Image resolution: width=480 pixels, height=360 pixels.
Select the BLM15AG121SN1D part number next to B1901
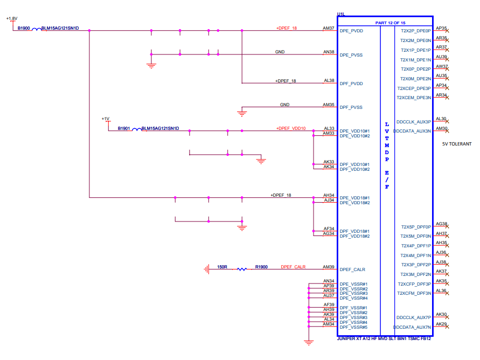pos(160,129)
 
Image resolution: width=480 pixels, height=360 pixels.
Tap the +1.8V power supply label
pos(11,18)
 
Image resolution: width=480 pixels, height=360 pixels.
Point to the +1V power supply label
pos(105,119)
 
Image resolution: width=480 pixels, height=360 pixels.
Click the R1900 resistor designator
pos(262,266)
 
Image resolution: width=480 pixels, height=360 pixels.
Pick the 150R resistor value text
pos(222,266)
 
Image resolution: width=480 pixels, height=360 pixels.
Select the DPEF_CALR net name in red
pos(293,266)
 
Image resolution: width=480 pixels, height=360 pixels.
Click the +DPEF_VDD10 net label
pos(291,128)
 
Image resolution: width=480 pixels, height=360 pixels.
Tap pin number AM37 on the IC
pos(329,27)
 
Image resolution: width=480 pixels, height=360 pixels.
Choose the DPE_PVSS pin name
pos(351,55)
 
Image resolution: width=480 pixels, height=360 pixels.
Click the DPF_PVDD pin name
pos(351,84)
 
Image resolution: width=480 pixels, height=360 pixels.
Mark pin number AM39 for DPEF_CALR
pos(329,266)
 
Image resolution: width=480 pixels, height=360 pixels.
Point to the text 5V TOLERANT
pos(457,144)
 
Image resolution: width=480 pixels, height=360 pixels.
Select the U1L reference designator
pos(341,14)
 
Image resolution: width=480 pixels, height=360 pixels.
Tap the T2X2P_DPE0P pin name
pos(415,31)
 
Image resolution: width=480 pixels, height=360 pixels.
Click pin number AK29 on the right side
pos(441,324)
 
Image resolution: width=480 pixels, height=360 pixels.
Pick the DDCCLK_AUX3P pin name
pos(413,122)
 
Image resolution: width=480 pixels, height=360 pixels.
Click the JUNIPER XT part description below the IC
pos(384,338)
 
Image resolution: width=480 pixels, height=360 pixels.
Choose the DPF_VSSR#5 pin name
pos(353,327)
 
